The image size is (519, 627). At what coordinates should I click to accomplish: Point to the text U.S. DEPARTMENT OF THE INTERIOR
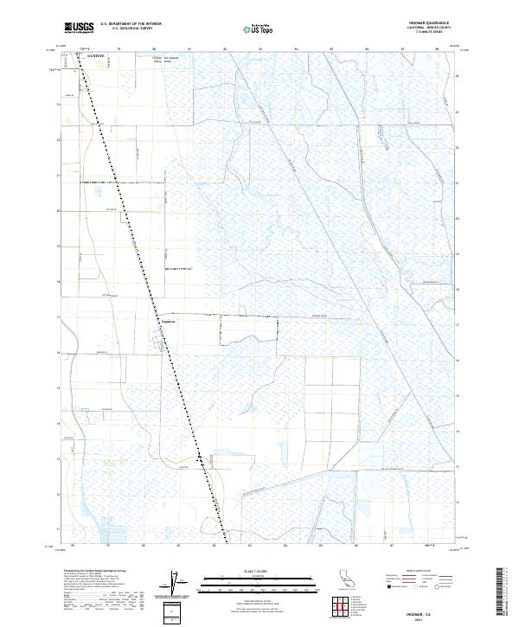(131, 24)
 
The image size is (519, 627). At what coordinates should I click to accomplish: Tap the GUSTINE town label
(96, 55)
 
